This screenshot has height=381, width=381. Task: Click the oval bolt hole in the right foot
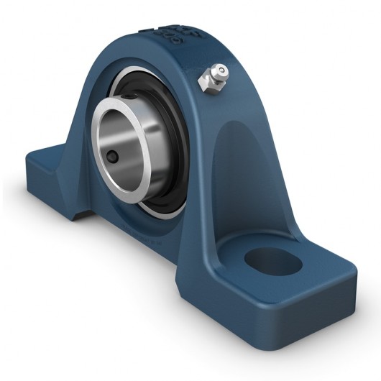click(x=272, y=261)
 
